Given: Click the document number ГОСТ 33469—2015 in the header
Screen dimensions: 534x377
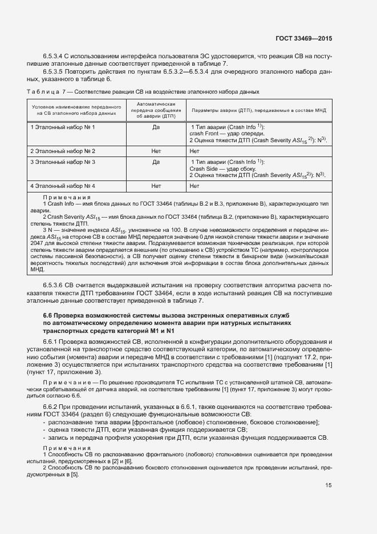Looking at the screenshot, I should [x=303, y=39].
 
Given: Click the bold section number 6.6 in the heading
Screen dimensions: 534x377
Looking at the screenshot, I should [x=49, y=315].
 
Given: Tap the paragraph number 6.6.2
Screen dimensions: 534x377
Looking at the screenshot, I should [x=52, y=406].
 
